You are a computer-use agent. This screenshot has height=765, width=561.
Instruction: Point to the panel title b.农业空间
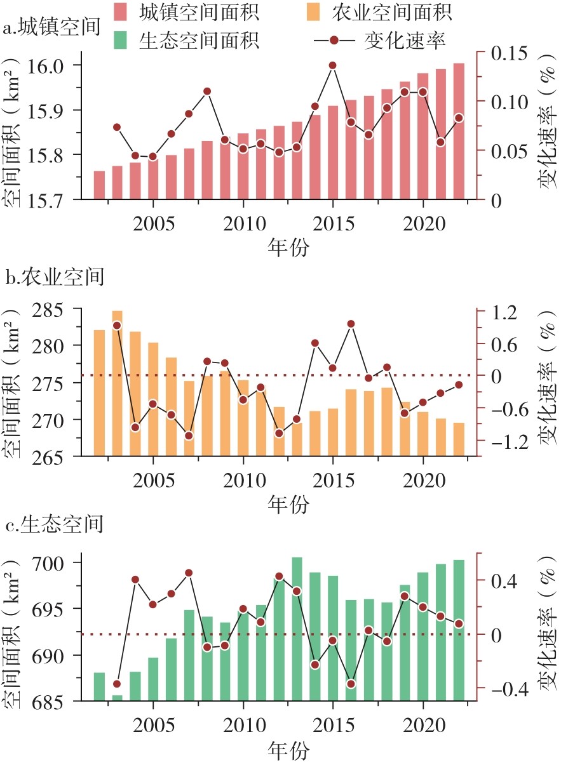point(53,277)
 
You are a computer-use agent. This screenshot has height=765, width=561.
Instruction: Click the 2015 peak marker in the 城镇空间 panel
point(332,65)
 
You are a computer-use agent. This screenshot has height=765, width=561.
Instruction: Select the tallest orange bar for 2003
point(117,381)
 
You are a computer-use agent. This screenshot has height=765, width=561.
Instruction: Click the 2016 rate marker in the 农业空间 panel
point(351,324)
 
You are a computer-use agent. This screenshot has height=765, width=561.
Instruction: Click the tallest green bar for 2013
point(297,629)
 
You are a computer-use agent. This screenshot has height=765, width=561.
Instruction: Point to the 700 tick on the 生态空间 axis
point(57,563)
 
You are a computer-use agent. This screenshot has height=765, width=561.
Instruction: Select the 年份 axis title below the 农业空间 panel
point(288,505)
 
